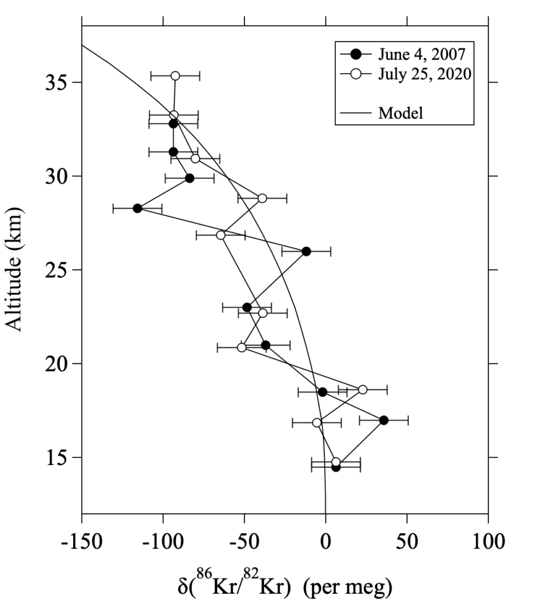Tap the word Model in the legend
pyautogui.click(x=401, y=113)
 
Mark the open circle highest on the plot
pyautogui.click(x=175, y=76)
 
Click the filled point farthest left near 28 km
pyautogui.click(x=137, y=208)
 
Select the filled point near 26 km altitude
pyautogui.click(x=306, y=251)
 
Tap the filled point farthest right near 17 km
pyautogui.click(x=384, y=420)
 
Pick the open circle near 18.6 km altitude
pyautogui.click(x=363, y=390)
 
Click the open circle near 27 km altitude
pyautogui.click(x=221, y=235)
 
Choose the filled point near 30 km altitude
pyautogui.click(x=190, y=178)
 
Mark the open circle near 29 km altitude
pyautogui.click(x=262, y=198)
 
